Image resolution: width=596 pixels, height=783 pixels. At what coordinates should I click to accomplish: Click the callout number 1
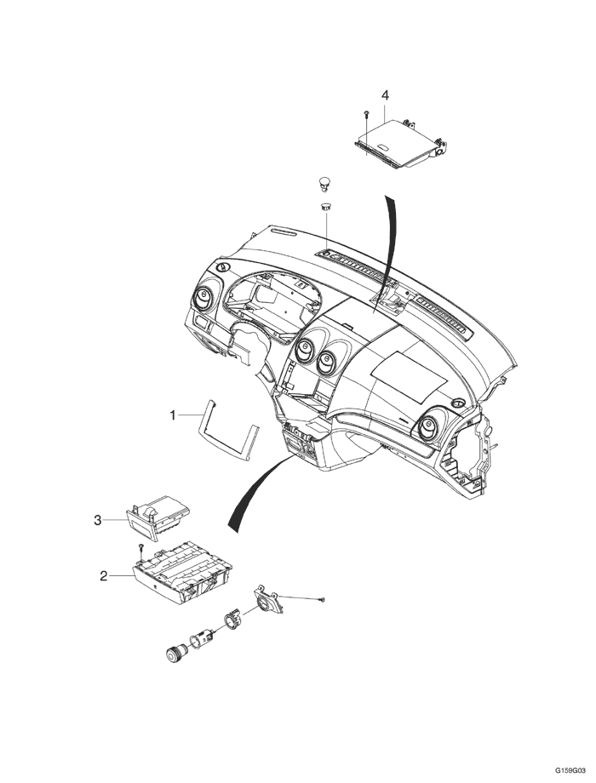coord(173,415)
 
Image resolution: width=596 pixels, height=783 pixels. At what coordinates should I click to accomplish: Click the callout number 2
coord(104,576)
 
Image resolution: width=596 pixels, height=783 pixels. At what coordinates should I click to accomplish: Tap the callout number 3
coord(98,518)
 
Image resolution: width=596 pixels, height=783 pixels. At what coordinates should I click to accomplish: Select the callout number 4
coord(385,94)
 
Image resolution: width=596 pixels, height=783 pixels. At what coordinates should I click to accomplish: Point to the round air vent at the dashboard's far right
coord(429,423)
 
